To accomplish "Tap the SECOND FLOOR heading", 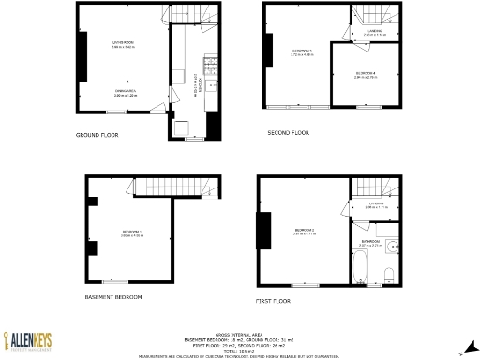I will click(x=288, y=133).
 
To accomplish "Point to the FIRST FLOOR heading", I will click(x=273, y=301).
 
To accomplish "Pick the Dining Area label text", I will click(x=125, y=94).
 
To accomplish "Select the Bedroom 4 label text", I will click(x=367, y=74).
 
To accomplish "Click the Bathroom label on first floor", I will click(x=369, y=242).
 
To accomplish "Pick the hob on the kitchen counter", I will click(x=212, y=65).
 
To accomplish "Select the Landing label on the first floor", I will click(x=375, y=205).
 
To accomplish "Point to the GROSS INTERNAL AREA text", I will click(x=240, y=334).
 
